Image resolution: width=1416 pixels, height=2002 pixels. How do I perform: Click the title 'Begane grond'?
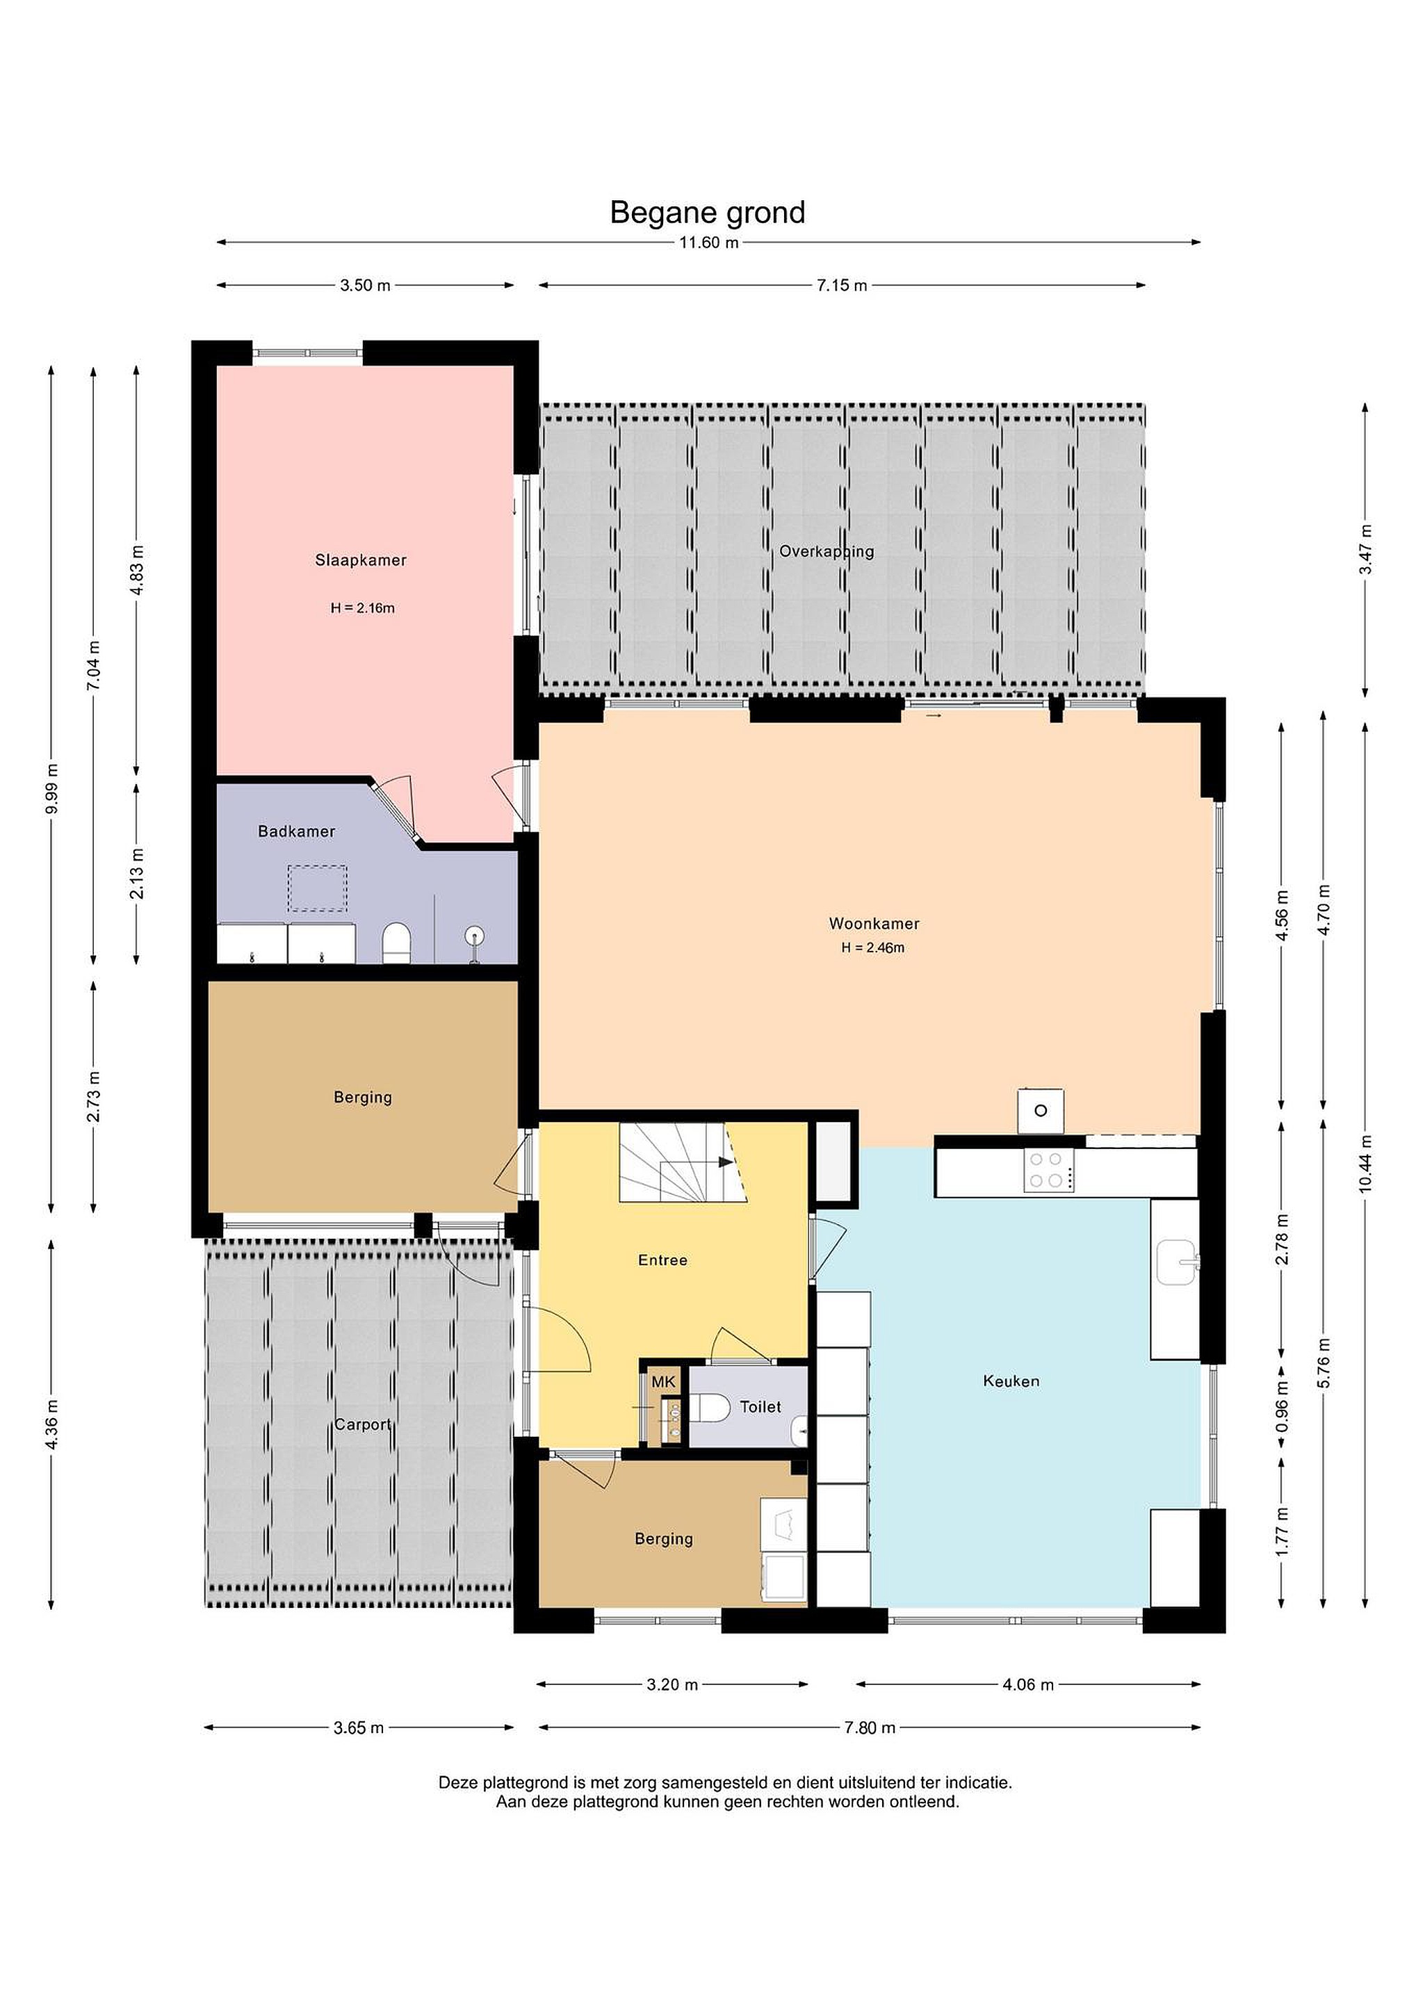707,213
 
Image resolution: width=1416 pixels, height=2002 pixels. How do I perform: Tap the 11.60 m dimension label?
709,243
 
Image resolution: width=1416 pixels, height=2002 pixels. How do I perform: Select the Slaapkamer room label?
361,560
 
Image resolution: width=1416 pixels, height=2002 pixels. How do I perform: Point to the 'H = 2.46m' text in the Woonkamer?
873,947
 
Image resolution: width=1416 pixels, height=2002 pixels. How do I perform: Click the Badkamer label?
296,831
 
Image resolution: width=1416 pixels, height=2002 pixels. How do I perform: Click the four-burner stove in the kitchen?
1045,1170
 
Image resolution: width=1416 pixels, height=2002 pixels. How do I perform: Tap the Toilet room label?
760,1406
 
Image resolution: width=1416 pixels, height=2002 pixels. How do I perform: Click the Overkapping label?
827,551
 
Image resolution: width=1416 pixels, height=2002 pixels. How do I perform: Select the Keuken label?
1011,1381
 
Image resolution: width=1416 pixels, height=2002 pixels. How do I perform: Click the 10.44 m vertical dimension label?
1365,1162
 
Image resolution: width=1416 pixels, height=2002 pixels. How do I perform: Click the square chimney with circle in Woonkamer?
1040,1111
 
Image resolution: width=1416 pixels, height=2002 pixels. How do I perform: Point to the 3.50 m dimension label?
366,285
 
